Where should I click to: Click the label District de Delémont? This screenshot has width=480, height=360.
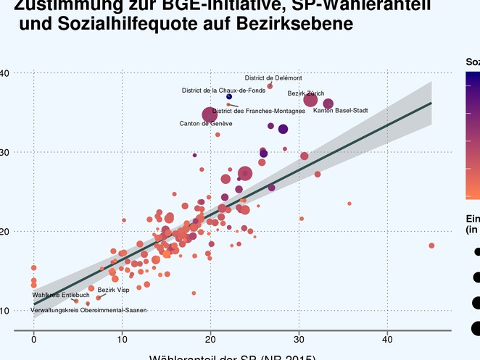pos(273,78)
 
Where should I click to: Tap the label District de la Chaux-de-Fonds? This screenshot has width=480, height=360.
pos(223,91)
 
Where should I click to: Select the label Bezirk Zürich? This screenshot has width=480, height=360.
pos(306,93)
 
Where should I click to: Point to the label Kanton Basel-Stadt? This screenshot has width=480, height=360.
pos(341,110)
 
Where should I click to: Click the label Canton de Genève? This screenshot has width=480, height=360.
pos(206,124)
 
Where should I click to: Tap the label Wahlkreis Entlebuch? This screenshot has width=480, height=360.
pos(61,295)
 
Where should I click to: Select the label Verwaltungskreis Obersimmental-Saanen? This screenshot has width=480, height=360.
pos(88,310)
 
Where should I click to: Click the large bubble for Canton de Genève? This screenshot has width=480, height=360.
pos(210,114)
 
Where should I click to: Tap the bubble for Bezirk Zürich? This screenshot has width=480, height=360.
pos(310,101)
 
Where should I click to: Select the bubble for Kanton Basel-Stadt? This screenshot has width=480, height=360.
pos(328,104)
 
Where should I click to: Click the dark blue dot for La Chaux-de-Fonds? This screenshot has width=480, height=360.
pos(229,96)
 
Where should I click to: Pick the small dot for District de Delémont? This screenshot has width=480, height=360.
pos(270,86)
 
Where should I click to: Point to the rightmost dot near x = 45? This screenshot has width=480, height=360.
pos(431,246)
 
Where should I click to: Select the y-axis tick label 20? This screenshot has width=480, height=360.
pos(4,231)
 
